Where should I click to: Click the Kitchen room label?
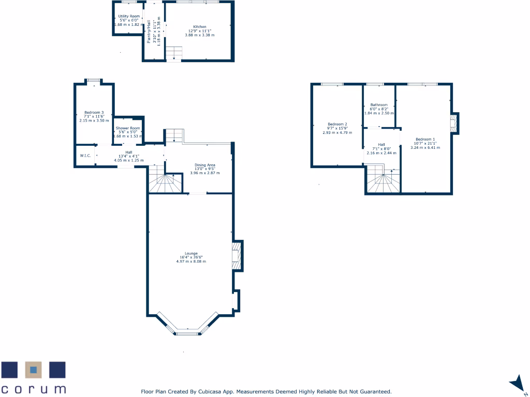(200, 27)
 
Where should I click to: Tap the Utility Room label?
(129, 17)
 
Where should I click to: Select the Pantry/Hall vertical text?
(149, 32)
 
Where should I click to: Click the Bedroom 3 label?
(94, 113)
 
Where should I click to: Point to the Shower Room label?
(128, 128)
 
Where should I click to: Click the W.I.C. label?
(85, 156)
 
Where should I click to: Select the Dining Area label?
(205, 165)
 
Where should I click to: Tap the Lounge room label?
(191, 253)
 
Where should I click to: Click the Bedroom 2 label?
(337, 124)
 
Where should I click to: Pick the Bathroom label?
(379, 105)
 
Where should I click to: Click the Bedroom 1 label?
(425, 139)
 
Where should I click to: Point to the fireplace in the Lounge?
(237, 255)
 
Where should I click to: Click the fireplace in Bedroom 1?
(453, 124)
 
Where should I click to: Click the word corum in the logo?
(34, 389)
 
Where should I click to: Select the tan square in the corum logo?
(34, 370)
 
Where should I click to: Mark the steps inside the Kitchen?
(174, 53)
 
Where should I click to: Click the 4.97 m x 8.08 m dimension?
(191, 262)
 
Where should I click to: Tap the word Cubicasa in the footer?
(210, 392)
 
